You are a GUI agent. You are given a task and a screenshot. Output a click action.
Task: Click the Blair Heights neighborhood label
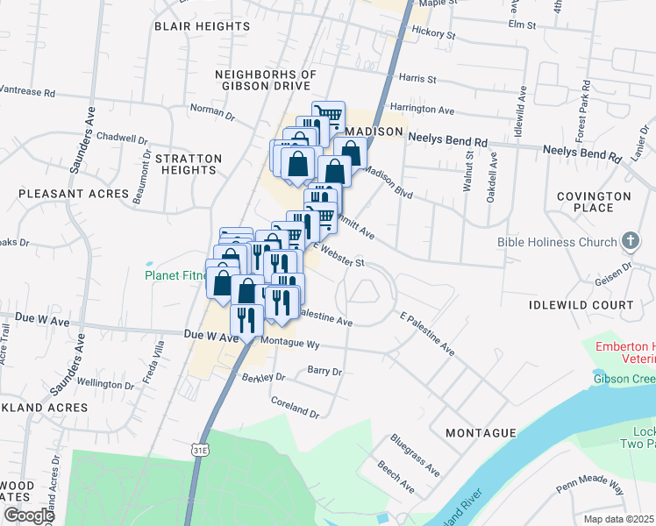[x=202, y=26]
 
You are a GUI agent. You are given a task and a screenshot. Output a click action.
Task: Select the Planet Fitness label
[x=176, y=276]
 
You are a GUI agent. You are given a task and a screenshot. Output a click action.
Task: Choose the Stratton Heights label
[x=189, y=165]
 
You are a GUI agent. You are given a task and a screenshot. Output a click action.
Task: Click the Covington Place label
[x=600, y=202]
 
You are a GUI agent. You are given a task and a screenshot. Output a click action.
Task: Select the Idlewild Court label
[x=581, y=305]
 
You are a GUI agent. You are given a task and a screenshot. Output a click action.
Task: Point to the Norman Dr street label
[x=213, y=111]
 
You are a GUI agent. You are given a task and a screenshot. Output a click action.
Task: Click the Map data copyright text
[x=618, y=519]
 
